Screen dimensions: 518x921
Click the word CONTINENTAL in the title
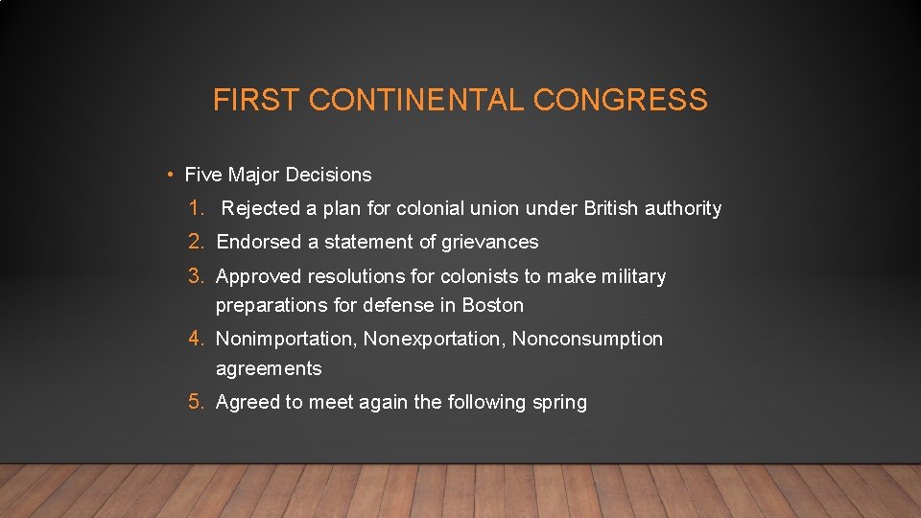413,100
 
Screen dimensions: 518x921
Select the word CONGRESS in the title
621,100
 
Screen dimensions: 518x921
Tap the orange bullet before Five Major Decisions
168,175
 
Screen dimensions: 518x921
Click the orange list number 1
197,208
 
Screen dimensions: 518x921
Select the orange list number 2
197,242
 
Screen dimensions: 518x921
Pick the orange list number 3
197,276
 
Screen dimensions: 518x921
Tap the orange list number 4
197,339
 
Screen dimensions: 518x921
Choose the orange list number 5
197,402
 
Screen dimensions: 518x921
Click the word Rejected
261,208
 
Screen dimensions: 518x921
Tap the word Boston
493,305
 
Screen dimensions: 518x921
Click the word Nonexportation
435,339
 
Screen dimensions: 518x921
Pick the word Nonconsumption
587,339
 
